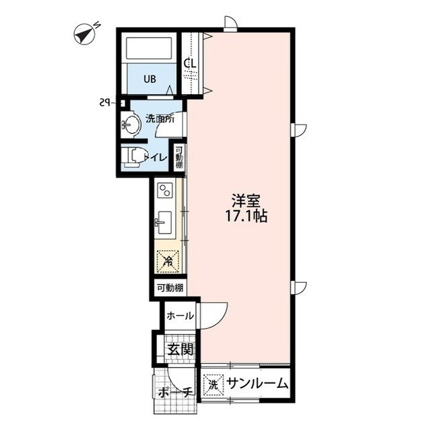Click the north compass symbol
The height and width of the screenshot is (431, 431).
pos(84,34)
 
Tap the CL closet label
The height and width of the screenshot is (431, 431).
pos(190,64)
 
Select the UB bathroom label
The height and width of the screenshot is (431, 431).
pos(150,79)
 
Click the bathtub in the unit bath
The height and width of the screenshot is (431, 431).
pos(149,48)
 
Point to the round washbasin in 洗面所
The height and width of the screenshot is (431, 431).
pos(131,125)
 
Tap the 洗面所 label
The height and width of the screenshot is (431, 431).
pos(160,120)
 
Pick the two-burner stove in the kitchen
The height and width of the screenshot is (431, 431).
pos(165,191)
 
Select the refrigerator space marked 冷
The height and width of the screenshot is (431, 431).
pos(168,261)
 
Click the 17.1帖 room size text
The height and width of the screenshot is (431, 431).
pos(246,216)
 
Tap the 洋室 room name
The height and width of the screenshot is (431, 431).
pos(246,201)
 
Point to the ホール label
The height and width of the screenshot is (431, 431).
pos(180,316)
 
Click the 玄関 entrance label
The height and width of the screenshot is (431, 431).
pos(180,350)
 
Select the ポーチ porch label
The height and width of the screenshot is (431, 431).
pos(175,393)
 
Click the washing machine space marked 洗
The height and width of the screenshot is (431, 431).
pos(213,384)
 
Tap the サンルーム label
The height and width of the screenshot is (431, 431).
pos(258,384)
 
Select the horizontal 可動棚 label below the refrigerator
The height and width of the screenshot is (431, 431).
pos(170,288)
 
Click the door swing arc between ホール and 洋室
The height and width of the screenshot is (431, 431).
pos(220,322)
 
